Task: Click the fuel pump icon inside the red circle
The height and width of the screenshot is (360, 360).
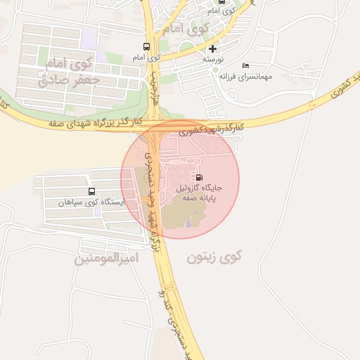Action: (200, 177)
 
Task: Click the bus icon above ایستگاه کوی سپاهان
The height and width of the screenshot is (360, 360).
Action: (91, 191)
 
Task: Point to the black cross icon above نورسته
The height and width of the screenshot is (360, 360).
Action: (212, 49)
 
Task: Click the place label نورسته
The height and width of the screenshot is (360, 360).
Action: (214, 60)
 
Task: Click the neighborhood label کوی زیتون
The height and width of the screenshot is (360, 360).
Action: (214, 257)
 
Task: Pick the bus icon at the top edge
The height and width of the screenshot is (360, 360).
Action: (222, 2)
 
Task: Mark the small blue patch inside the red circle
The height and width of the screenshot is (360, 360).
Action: (188, 221)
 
